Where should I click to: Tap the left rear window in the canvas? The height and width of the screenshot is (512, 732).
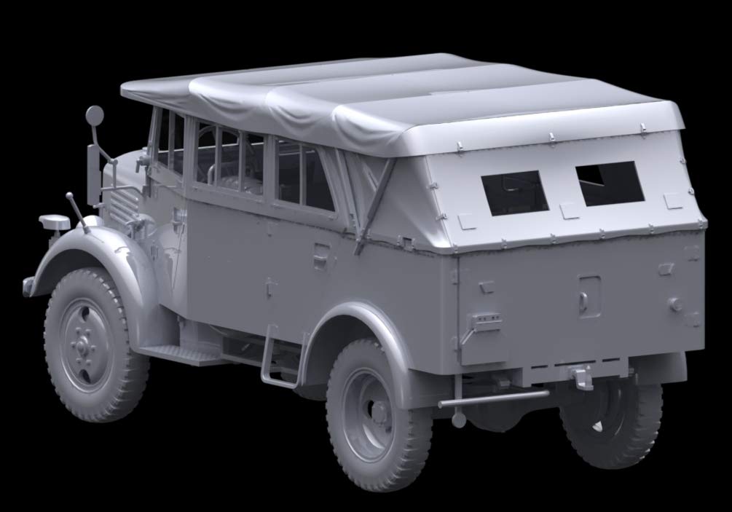click(x=515, y=192)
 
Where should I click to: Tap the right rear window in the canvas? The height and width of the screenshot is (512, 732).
click(x=610, y=183)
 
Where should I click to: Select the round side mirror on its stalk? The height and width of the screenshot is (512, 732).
click(x=95, y=115)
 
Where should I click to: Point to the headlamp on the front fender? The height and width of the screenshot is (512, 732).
click(x=55, y=222)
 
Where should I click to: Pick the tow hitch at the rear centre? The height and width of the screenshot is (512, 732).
click(x=582, y=377)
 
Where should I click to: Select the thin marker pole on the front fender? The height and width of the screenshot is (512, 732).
click(x=77, y=211)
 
